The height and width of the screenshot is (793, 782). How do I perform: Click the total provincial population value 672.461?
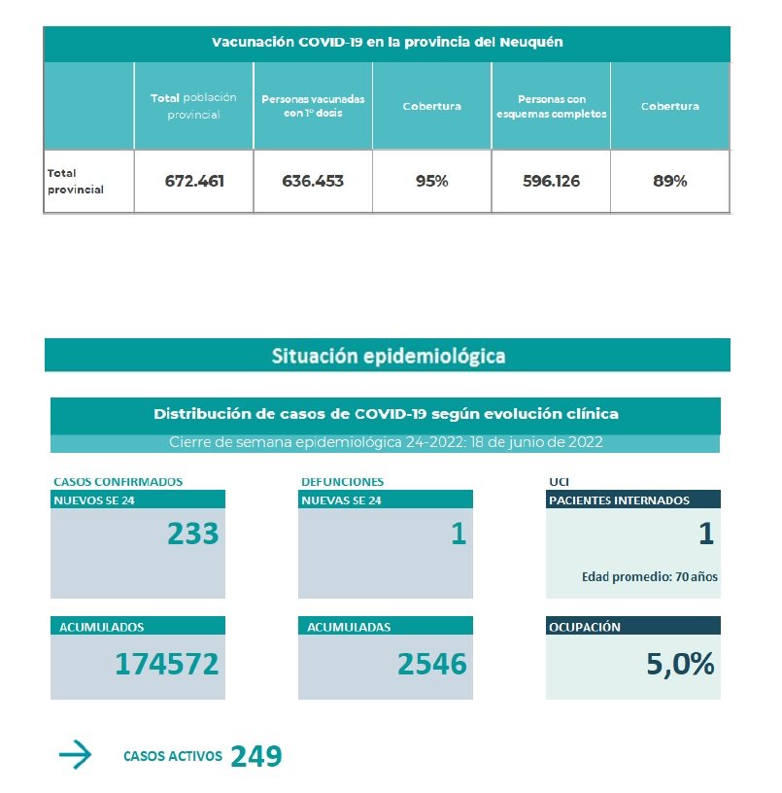193,181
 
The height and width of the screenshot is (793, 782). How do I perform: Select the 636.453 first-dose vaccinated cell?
313,181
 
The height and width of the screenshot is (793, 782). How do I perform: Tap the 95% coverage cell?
432,181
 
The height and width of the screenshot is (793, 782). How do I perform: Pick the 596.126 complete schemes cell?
551,181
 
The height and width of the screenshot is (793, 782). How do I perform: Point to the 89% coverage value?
669,181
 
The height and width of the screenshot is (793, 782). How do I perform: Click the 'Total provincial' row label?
76,182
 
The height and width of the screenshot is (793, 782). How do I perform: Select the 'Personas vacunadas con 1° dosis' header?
313,106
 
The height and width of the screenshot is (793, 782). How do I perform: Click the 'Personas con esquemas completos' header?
551,106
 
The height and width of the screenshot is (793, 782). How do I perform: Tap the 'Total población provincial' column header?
193,106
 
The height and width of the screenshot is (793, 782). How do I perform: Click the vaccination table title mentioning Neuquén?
387,43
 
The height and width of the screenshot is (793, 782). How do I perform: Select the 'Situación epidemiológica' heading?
388,356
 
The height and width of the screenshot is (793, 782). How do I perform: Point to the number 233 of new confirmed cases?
192,534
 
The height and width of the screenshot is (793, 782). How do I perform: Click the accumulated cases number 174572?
166,664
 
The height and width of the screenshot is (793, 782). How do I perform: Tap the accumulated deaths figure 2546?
431,664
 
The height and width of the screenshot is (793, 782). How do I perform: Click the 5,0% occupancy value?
680,664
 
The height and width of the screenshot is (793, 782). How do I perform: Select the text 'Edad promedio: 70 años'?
649,576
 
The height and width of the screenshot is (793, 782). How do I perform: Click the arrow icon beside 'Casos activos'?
75,755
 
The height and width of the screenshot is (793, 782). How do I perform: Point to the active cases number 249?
256,756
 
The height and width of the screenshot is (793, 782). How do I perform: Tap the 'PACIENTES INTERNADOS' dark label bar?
632,500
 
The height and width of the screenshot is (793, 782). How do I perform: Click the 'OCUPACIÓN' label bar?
632,627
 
